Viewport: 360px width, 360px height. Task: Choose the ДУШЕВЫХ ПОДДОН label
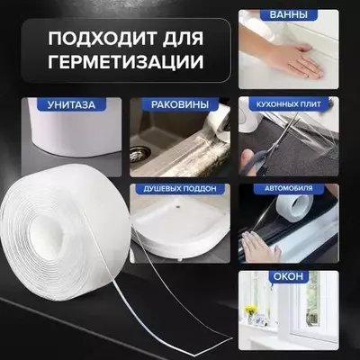[x=179, y=190]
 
